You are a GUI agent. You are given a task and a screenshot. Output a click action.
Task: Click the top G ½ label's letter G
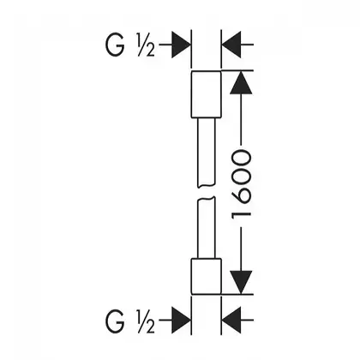(x=115, y=45)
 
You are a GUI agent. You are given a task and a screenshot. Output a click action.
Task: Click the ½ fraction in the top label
(x=146, y=45)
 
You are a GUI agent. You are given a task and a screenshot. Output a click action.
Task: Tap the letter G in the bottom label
(x=115, y=321)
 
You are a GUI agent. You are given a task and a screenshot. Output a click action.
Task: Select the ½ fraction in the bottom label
(x=146, y=321)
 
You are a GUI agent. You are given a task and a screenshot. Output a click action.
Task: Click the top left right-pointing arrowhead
(x=181, y=45)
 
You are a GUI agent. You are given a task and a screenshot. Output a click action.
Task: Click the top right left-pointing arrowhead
(x=231, y=45)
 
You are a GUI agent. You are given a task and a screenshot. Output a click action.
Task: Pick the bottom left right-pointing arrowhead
(x=181, y=321)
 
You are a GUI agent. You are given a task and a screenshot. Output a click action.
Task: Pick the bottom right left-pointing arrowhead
(x=231, y=321)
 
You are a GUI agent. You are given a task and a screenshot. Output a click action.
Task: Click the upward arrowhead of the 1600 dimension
(x=241, y=82)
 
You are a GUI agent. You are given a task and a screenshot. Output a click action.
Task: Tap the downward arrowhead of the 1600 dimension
(x=241, y=282)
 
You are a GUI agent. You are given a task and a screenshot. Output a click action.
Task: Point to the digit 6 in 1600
(x=242, y=198)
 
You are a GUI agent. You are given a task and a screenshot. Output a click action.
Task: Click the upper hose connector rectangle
(x=206, y=94)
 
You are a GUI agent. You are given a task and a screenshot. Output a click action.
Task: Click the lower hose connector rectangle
(x=206, y=276)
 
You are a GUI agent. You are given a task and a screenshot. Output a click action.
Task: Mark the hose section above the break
(x=206, y=153)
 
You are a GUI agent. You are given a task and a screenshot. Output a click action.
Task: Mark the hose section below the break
(x=206, y=228)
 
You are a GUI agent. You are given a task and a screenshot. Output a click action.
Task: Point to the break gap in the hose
(x=206, y=192)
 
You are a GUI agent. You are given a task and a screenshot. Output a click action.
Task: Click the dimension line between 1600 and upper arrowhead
(x=241, y=119)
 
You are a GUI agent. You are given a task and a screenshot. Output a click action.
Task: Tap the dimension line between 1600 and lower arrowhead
(x=241, y=249)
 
